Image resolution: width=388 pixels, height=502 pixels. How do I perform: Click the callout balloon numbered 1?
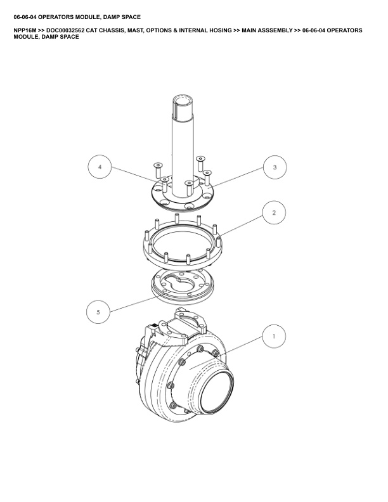pyautogui.click(x=274, y=336)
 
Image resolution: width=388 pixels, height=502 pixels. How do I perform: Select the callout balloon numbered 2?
pyautogui.click(x=274, y=212)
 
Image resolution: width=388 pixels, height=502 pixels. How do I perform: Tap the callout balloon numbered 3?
pyautogui.click(x=275, y=167)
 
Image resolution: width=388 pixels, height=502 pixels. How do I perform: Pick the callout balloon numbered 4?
pyautogui.click(x=100, y=167)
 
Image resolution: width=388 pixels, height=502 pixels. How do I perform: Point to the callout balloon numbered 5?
pyautogui.click(x=98, y=312)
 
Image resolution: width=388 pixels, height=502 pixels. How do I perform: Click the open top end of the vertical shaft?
pyautogui.click(x=183, y=102)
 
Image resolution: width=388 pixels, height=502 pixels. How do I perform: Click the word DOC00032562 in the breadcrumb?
pyautogui.click(x=65, y=30)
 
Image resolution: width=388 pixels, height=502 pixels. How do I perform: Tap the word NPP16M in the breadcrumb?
pyautogui.click(x=25, y=30)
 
